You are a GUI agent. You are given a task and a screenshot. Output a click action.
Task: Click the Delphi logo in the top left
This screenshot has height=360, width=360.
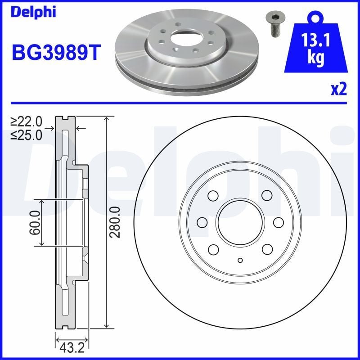[33, 12]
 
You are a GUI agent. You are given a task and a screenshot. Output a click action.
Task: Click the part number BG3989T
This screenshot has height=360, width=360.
[56, 53]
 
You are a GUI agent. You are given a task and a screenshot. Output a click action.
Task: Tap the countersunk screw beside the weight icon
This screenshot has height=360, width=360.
[273, 24]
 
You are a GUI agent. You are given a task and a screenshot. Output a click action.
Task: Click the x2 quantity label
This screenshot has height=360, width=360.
[339, 89]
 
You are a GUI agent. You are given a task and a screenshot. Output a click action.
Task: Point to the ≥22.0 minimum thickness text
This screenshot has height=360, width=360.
[27, 121]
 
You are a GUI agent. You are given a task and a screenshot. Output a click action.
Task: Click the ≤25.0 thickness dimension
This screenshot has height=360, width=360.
[27, 135]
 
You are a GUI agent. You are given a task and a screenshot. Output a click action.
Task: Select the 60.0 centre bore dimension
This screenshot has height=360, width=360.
[35, 223]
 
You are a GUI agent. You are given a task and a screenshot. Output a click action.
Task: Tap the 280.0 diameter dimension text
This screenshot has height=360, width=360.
[115, 222]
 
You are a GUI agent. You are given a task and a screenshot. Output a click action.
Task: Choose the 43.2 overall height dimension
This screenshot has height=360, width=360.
[72, 348]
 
